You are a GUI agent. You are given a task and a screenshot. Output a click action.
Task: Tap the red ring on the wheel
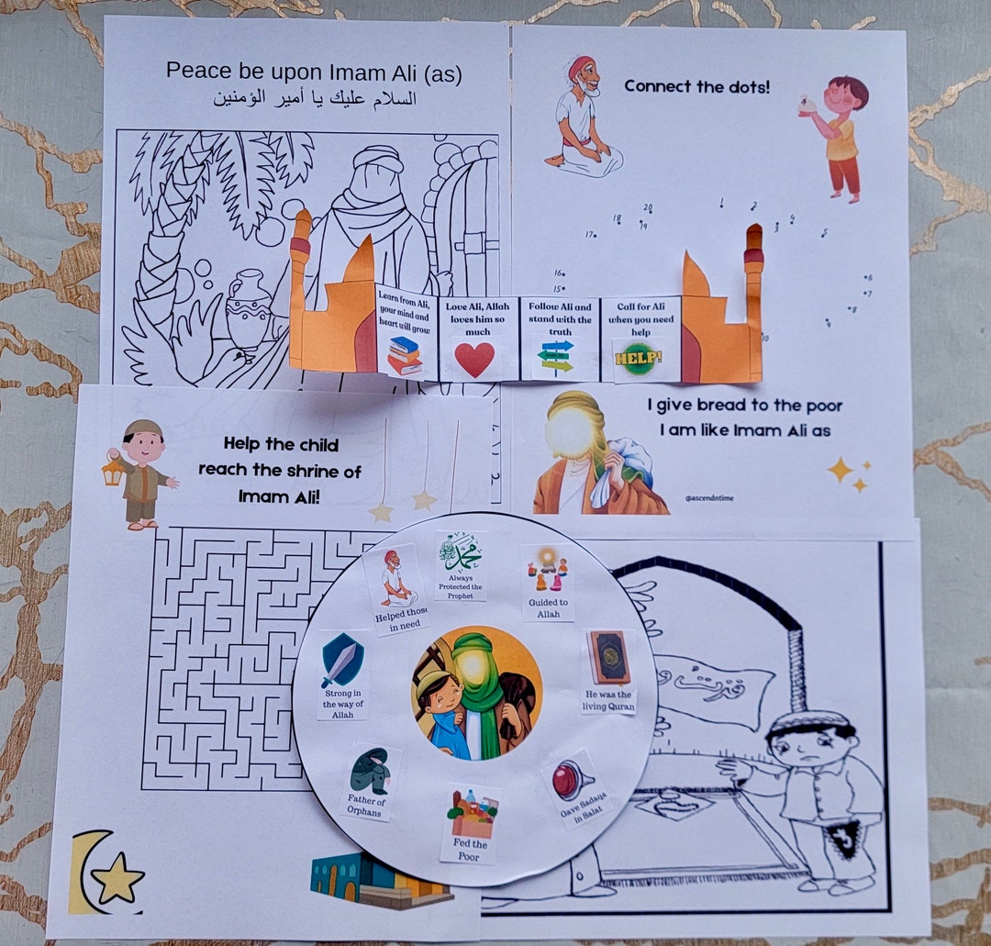pos(566,781)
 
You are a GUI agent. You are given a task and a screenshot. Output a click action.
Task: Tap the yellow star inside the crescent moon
pos(118,883)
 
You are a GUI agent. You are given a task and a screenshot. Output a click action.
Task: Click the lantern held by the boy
pos(113,472)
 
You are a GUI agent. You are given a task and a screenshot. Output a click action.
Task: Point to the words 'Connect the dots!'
pos(697,87)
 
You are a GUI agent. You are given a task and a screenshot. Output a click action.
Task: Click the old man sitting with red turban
pos(582,117)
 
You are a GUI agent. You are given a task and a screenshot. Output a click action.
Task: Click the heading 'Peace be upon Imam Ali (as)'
pos(313,71)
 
